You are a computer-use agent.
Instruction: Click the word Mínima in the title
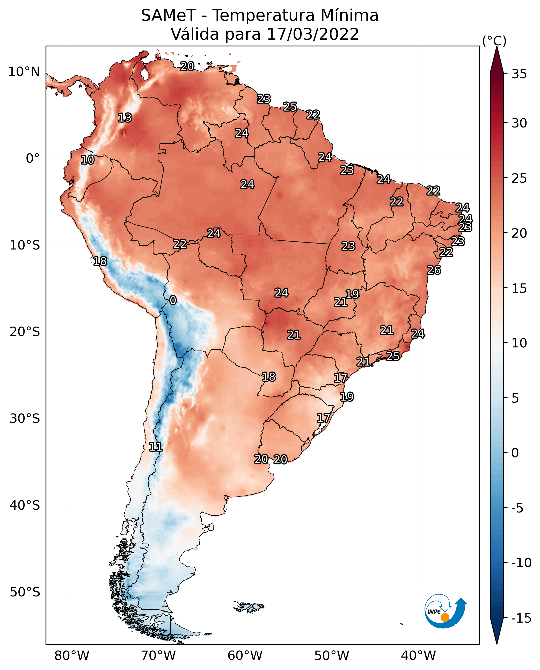tap(349, 15)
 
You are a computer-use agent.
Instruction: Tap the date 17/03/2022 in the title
tap(313, 34)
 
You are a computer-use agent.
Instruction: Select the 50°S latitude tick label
tap(25, 592)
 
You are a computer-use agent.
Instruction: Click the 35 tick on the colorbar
tap(519, 74)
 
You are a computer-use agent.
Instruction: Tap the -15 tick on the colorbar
tap(521, 618)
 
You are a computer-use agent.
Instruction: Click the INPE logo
tap(446, 611)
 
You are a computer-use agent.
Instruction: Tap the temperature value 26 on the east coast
tap(434, 270)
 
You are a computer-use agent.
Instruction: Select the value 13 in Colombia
tap(125, 118)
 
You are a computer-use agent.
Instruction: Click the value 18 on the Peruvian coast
tap(100, 261)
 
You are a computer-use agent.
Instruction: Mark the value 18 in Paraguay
tap(268, 377)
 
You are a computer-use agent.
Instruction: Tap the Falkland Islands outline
tap(249, 607)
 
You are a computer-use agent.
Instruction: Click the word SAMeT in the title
tap(169, 15)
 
